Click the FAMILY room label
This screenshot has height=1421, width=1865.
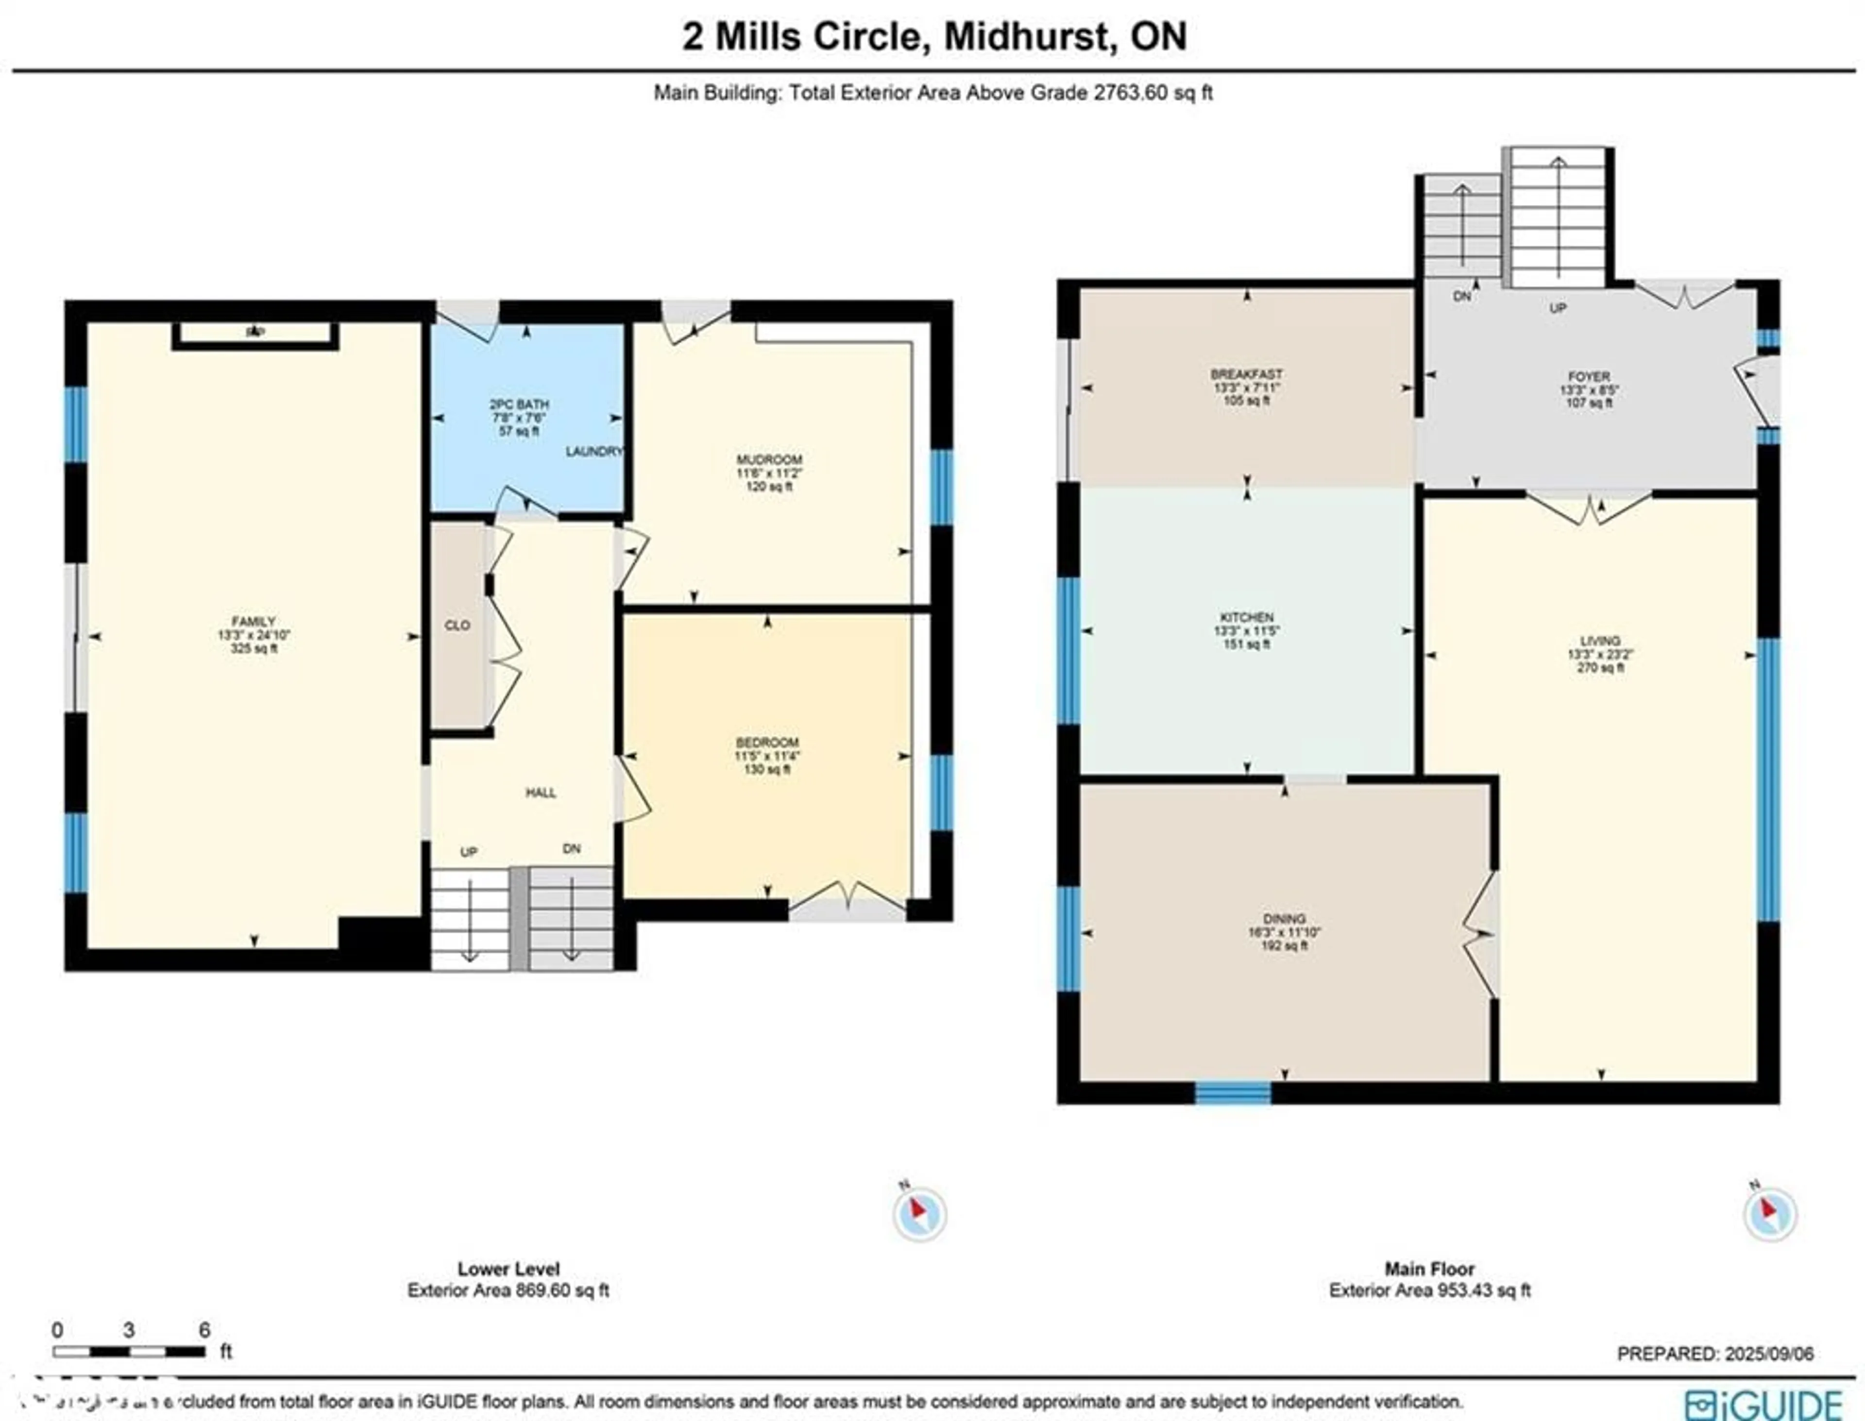coord(254,621)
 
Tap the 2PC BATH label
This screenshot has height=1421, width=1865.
coord(519,405)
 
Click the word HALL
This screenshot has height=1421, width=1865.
coord(541,793)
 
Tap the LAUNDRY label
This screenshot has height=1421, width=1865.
coord(594,452)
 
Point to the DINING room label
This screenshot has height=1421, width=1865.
coord(1284,918)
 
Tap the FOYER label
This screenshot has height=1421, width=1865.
coord(1589,376)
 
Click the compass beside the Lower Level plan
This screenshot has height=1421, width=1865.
coord(919,1214)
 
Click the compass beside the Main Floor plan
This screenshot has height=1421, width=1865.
coord(1769,1214)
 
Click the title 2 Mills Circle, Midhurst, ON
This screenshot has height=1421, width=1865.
coord(934,36)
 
